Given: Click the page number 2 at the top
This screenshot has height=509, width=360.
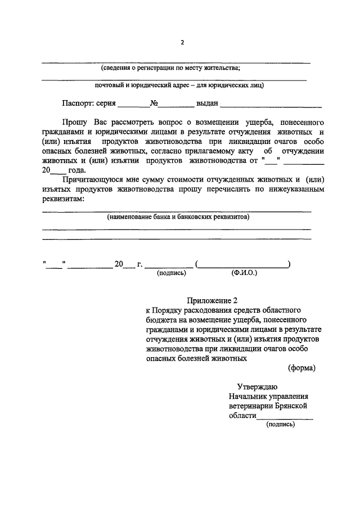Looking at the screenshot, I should click(x=182, y=43).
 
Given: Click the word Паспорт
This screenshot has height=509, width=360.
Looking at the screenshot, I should click(x=78, y=103).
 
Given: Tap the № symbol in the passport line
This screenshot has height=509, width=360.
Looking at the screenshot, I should click(x=153, y=103).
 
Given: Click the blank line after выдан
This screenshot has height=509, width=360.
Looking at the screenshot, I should click(x=271, y=106).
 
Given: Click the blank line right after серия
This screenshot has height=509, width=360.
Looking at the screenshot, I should click(x=133, y=106).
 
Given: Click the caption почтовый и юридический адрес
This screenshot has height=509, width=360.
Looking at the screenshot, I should click(x=179, y=85).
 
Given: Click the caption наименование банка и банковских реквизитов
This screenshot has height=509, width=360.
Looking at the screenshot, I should click(x=178, y=217).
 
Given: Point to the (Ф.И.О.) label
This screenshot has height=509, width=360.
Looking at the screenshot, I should click(x=244, y=273).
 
